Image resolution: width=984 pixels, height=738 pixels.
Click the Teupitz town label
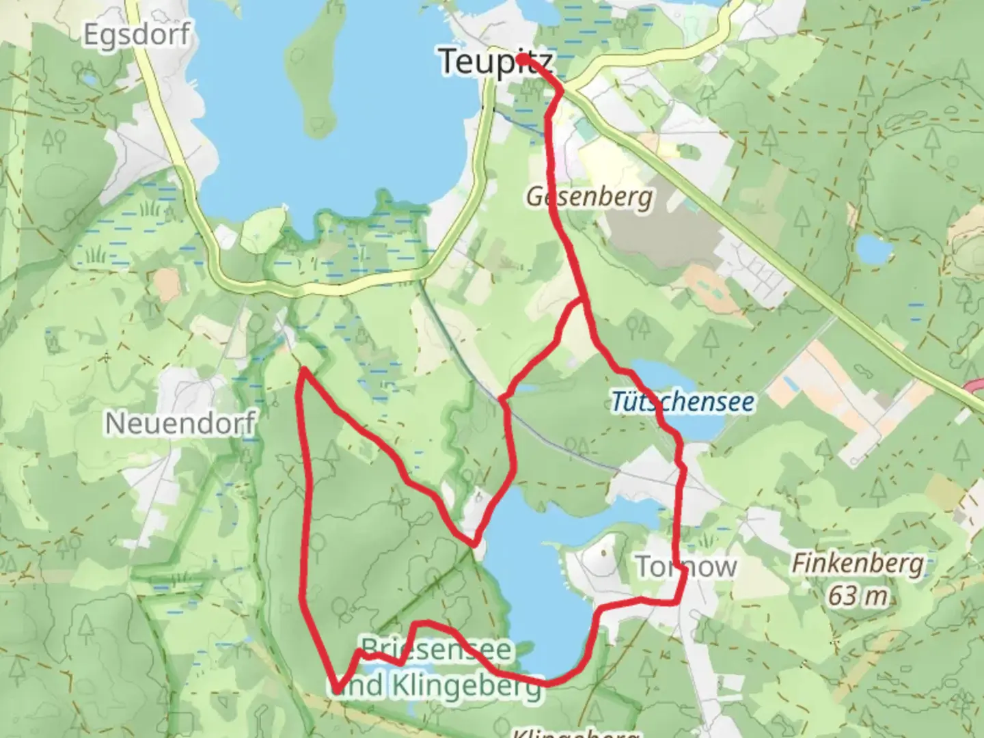tap(495, 61)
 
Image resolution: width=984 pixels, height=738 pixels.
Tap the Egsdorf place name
tap(136, 34)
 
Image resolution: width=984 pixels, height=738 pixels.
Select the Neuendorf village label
tap(180, 424)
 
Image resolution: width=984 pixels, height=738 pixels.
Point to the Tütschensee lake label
tap(683, 401)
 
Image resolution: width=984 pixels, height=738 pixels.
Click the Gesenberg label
tap(589, 197)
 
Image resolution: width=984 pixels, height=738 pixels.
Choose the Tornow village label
tap(686, 566)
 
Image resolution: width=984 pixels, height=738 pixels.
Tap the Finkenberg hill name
tap(858, 564)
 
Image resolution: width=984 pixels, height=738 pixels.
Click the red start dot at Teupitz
tap(521, 59)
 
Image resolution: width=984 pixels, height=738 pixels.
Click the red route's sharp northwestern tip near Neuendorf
tap(303, 370)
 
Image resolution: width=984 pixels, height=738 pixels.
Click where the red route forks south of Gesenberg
tap(582, 299)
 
